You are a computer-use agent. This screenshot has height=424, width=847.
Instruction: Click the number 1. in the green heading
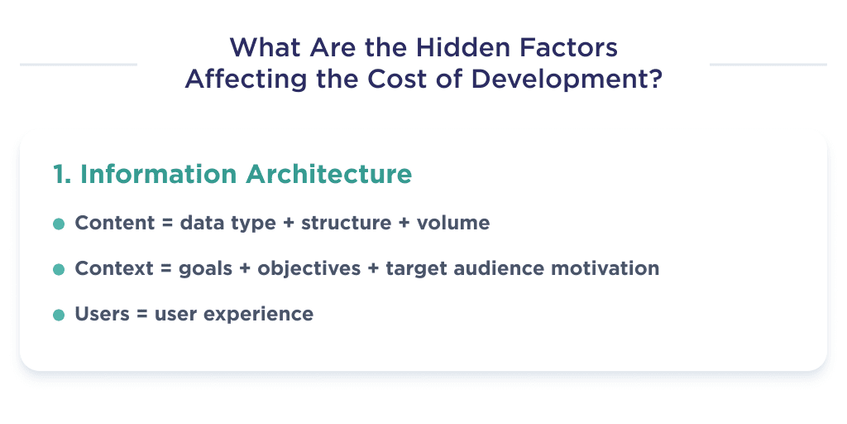click(x=62, y=175)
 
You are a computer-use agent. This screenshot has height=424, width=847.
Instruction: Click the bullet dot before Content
click(x=59, y=224)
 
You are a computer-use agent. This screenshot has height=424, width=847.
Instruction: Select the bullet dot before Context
click(x=59, y=270)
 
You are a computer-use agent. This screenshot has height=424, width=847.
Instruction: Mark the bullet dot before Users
click(x=59, y=316)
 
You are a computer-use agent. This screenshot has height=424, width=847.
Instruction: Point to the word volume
click(x=453, y=224)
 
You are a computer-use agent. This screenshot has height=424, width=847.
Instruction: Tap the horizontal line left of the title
click(x=79, y=64)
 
